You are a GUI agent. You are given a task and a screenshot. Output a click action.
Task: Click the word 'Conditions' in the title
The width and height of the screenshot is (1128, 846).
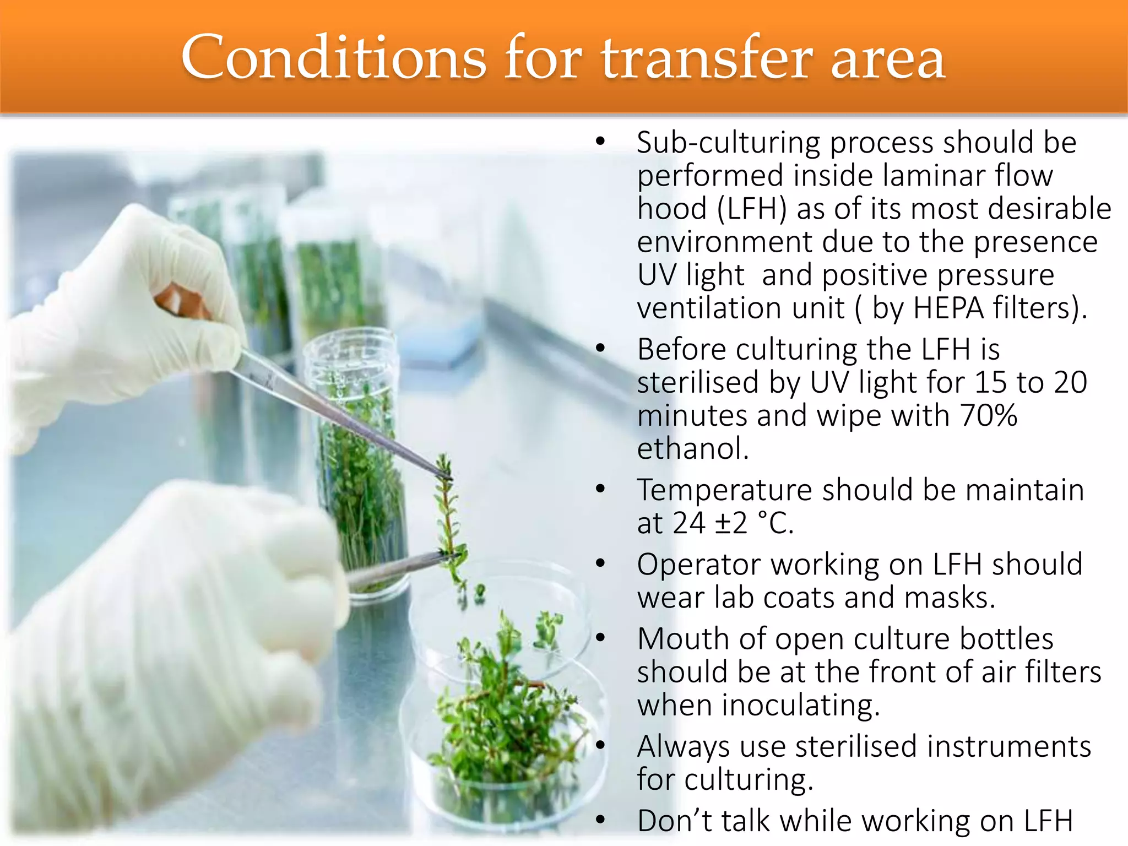point(333,58)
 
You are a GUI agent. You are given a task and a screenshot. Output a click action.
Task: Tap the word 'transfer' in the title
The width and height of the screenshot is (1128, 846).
point(706,58)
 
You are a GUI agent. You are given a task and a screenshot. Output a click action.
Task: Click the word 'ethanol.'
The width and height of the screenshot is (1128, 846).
point(693,448)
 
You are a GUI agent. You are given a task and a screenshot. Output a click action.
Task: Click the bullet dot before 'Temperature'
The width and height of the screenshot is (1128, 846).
point(600,489)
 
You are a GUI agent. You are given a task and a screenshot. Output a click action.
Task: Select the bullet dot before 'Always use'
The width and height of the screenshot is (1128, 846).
point(600,745)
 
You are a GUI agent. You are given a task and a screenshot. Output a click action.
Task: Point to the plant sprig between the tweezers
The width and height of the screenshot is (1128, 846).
point(449,518)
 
